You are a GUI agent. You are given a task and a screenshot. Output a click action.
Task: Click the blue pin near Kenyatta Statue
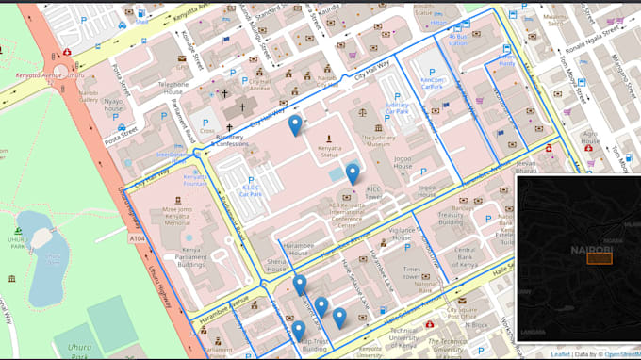point(295,124)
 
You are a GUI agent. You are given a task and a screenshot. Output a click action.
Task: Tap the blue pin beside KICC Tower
point(353,173)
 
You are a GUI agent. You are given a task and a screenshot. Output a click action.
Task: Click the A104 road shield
point(138,239)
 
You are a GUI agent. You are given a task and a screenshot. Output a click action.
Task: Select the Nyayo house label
point(113,102)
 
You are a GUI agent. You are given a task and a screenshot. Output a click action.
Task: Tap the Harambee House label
point(285,249)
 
